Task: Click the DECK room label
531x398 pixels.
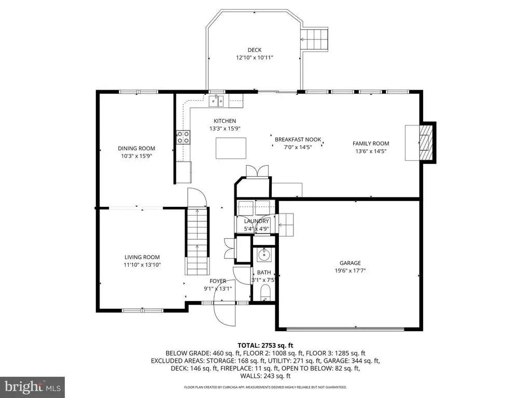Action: (x=254, y=50)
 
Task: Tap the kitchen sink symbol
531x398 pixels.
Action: (x=217, y=101)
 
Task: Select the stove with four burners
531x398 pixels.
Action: (x=183, y=137)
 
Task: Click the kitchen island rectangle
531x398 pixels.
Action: (x=231, y=148)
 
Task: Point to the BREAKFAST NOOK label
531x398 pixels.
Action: (x=298, y=139)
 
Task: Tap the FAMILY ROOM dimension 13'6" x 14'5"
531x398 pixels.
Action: (x=371, y=151)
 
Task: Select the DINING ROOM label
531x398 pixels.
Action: (x=136, y=148)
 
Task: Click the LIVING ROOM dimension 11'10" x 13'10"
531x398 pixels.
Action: (x=142, y=265)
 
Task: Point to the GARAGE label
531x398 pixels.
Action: (x=350, y=263)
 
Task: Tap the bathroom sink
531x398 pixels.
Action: (x=264, y=254)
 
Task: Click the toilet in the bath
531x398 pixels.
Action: (x=265, y=292)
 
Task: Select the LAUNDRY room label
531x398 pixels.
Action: (x=256, y=221)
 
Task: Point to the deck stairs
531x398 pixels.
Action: (x=315, y=39)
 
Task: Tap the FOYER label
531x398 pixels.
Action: (x=218, y=281)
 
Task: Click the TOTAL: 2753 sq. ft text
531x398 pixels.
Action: (x=265, y=346)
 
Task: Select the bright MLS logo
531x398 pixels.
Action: (x=33, y=386)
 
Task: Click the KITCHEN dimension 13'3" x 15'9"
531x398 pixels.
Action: (x=225, y=129)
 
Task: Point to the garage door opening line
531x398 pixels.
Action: (x=345, y=328)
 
